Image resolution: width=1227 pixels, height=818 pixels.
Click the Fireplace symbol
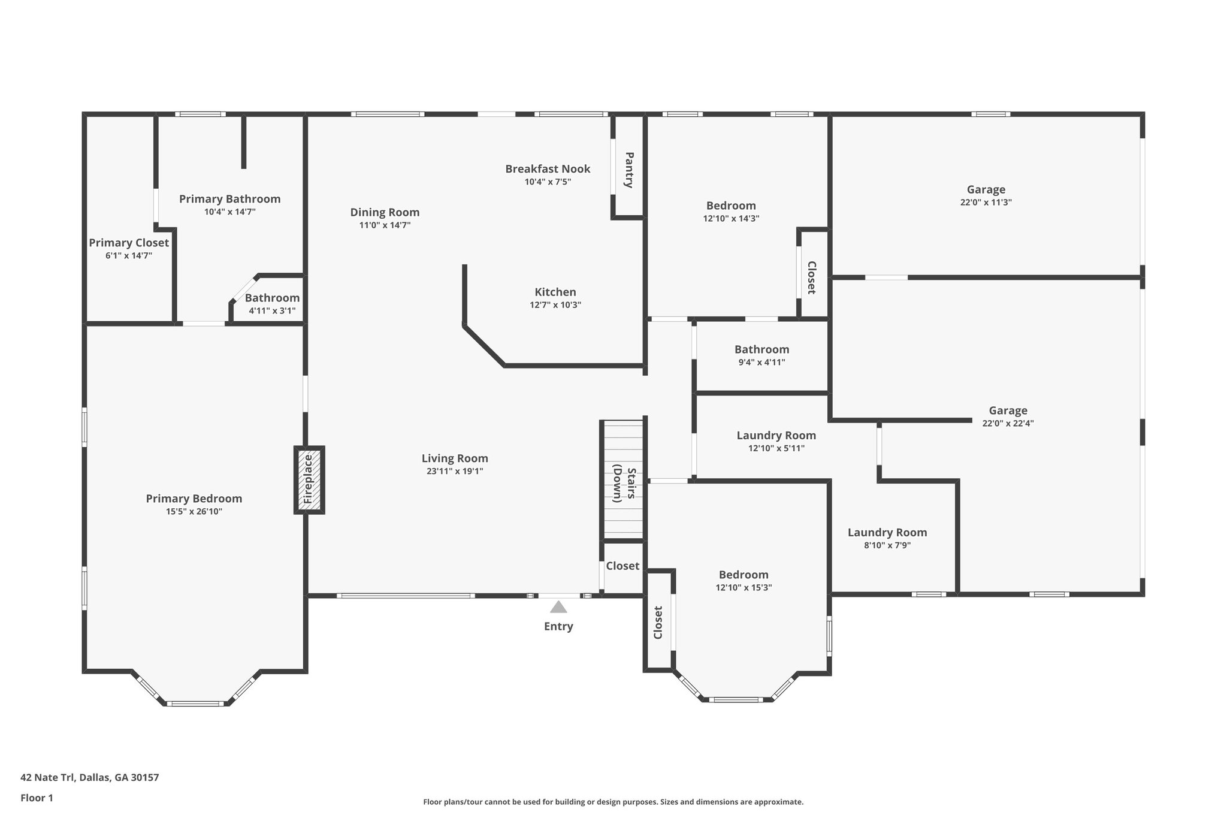(309, 479)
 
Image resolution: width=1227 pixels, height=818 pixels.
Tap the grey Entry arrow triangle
(558, 607)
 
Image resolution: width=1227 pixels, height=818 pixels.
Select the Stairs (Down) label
(623, 483)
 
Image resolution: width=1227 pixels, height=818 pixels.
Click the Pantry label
(628, 170)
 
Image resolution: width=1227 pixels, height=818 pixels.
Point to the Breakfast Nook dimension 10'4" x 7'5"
(548, 182)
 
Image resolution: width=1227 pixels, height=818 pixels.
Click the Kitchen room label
(555, 292)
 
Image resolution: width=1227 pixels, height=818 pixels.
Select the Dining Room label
(385, 212)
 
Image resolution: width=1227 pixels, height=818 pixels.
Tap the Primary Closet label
(129, 243)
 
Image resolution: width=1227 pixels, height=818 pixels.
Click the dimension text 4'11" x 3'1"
(272, 310)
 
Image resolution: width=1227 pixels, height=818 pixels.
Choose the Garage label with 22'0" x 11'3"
(986, 189)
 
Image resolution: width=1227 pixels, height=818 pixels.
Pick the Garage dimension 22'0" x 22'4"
(1008, 423)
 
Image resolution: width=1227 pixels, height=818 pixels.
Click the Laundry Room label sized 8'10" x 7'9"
(887, 532)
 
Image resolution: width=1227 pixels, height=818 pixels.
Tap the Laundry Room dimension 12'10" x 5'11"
(776, 448)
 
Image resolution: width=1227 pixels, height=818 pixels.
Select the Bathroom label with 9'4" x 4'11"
(761, 349)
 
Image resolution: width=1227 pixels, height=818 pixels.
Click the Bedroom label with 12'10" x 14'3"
(731, 206)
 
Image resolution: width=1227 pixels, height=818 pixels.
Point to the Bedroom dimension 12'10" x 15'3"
(744, 587)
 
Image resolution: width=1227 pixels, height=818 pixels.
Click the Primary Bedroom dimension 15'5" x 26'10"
(194, 511)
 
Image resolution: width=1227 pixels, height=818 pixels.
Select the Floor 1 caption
(37, 798)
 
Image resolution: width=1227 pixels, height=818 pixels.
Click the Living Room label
(455, 458)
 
